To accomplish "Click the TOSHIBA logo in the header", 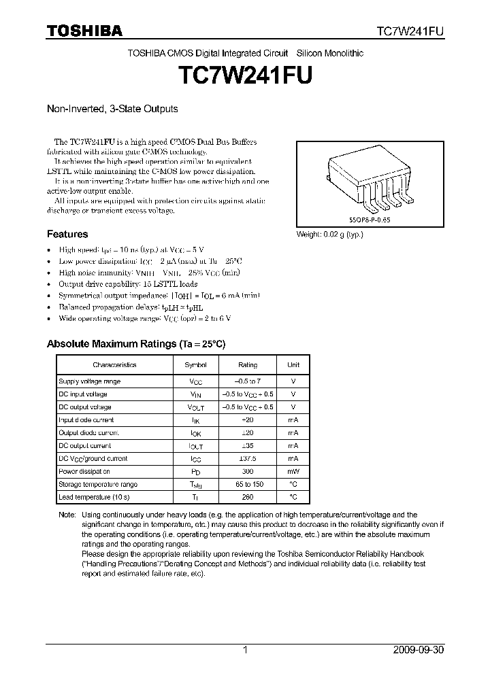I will click(x=84, y=31).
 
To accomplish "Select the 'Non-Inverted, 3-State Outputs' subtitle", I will click(x=112, y=109).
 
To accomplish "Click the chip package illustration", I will click(x=370, y=180).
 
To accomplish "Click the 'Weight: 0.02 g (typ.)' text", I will click(x=329, y=235).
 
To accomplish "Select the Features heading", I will click(x=67, y=235).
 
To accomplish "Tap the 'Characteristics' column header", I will click(x=114, y=365).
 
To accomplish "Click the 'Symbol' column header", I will click(x=196, y=365).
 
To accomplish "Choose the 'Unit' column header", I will click(x=293, y=365).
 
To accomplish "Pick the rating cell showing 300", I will click(x=248, y=472).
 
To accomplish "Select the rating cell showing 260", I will click(x=248, y=498).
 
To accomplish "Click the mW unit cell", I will click(x=293, y=472).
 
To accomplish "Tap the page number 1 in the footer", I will click(x=245, y=650).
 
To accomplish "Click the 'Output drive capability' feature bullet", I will click(x=129, y=284).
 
